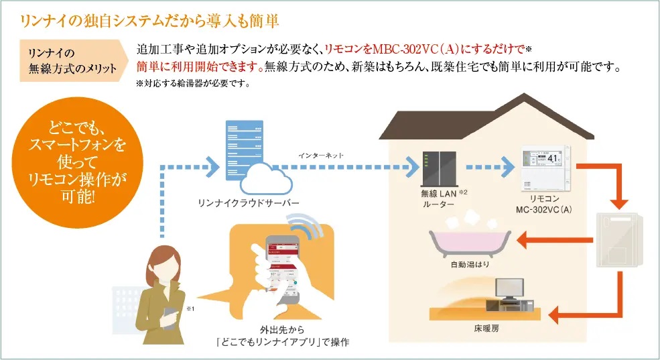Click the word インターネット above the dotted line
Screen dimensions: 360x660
[321, 156]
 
